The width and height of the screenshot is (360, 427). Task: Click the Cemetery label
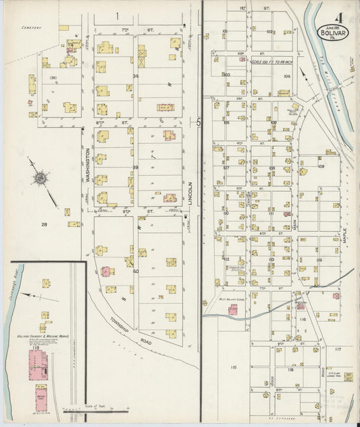[31, 28]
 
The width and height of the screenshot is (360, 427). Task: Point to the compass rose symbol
[41, 178]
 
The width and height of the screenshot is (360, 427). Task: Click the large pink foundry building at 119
[37, 364]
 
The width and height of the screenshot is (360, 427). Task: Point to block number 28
[45, 224]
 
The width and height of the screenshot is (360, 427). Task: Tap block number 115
[234, 367]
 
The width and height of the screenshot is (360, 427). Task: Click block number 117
[338, 349]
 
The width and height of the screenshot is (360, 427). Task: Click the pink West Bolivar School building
[233, 309]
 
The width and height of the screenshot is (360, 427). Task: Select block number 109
[322, 166]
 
